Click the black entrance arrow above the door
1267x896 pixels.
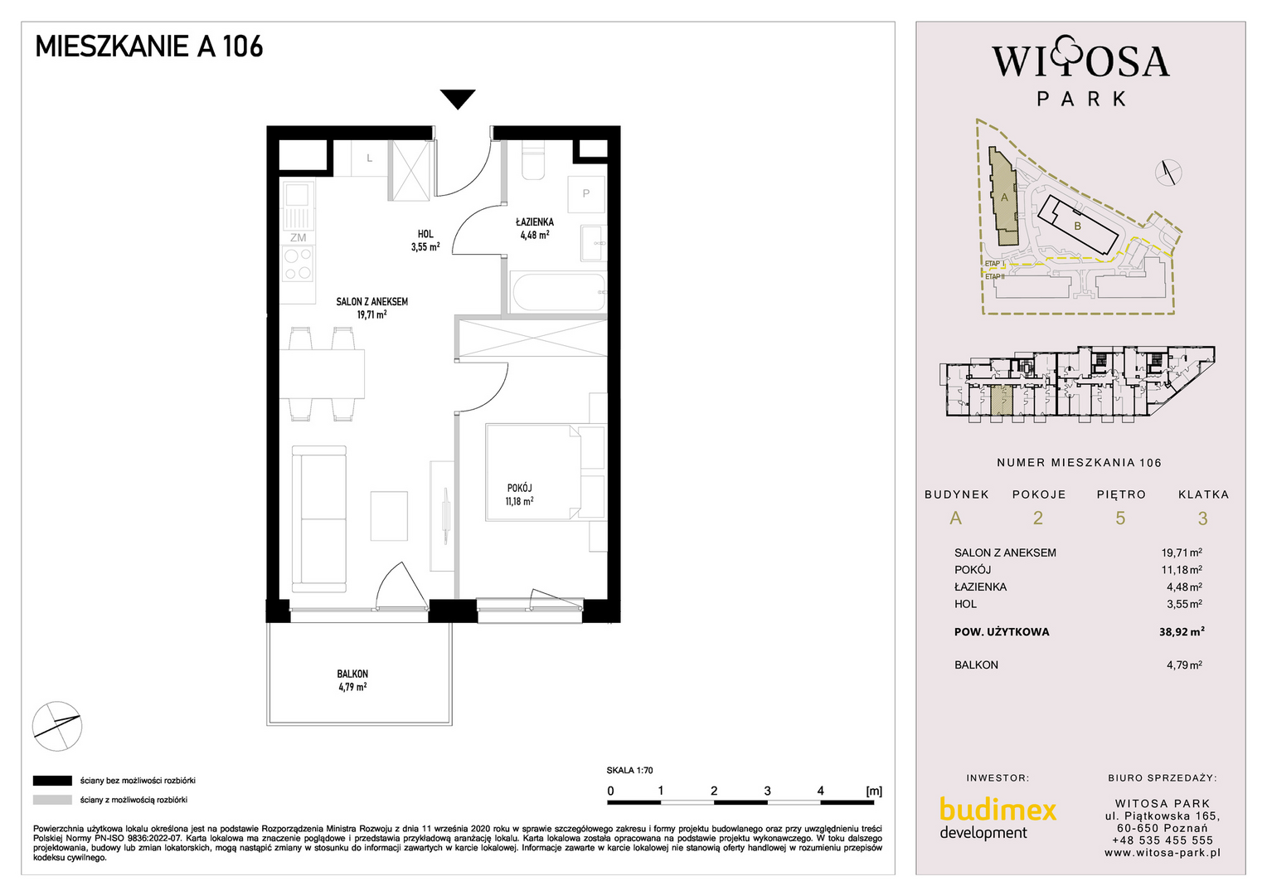tap(458, 99)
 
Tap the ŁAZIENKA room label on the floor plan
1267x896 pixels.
tap(535, 222)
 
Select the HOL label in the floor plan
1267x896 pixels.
tap(425, 234)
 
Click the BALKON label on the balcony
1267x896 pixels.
tap(352, 674)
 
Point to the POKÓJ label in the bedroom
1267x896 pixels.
tap(519, 488)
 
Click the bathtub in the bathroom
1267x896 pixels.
tap(558, 292)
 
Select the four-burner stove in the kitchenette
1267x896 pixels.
tap(298, 264)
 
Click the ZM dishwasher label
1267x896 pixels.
tap(298, 238)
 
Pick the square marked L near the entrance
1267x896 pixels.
tap(369, 158)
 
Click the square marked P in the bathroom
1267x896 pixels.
tap(586, 193)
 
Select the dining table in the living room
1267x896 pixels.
tap(323, 373)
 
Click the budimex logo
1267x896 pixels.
tap(998, 818)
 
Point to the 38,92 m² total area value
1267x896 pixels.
tap(1182, 631)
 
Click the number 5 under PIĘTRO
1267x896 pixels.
tap(1120, 519)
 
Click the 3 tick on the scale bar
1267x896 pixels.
tap(768, 791)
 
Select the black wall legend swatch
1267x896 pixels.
tap(52, 781)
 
